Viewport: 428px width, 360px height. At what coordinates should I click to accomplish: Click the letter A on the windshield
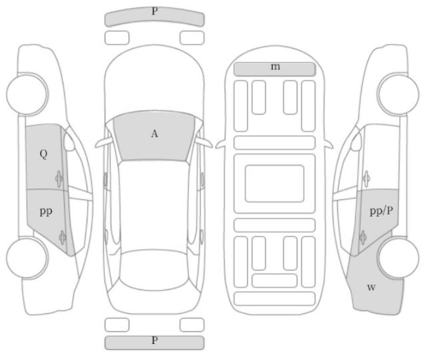pos(155,134)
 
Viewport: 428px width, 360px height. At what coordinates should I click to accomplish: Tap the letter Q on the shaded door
pos(43,154)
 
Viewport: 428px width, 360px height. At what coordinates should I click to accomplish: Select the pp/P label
pos(381,211)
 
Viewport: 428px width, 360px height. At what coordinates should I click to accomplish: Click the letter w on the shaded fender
pos(371,287)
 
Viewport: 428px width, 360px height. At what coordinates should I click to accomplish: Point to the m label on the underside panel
pos(275,66)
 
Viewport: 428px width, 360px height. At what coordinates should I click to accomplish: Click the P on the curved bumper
pos(155,11)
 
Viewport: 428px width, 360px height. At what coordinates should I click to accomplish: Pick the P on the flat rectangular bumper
pos(155,341)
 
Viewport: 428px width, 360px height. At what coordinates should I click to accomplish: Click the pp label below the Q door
pos(46,211)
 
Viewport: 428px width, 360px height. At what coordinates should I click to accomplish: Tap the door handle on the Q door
pos(59,179)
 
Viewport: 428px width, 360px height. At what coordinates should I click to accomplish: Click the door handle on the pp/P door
pos(363,237)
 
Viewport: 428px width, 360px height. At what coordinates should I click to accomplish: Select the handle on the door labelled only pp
pos(63,238)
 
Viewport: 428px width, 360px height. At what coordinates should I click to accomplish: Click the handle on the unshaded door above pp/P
pos(366,179)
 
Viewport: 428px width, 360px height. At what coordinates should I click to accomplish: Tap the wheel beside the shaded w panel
pos(398,257)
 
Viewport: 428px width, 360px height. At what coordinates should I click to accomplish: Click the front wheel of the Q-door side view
pos(27,94)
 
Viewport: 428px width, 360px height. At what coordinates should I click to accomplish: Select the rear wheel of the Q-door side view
pos(27,258)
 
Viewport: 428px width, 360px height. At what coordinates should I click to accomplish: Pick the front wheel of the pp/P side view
pos(398,94)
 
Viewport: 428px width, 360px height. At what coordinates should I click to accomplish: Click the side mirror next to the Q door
pos(69,142)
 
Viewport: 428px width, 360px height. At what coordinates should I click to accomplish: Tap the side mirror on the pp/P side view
pos(356,142)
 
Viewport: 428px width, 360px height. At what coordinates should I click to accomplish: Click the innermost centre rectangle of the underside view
pos(274,183)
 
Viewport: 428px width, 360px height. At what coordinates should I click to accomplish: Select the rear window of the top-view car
pos(154,269)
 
